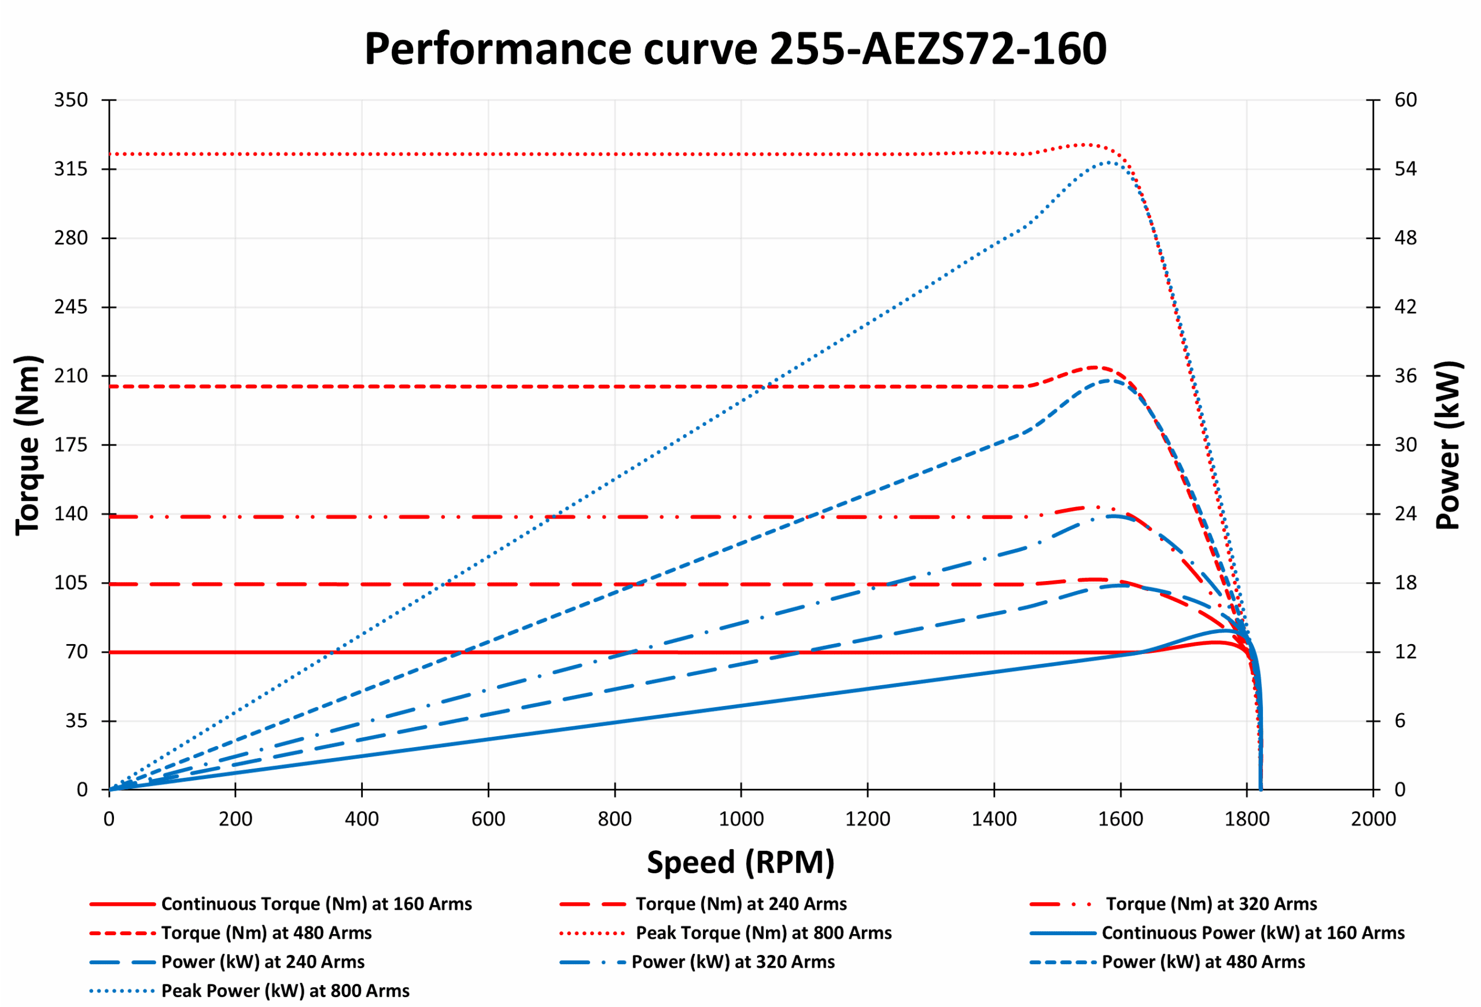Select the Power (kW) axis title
coord(1447,445)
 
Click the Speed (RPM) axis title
coord(740,862)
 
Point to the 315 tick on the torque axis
coord(71,169)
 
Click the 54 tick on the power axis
coord(1405,169)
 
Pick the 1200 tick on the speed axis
coord(867,819)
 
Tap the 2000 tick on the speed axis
coord(1373,819)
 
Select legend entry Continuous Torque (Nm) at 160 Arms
coord(316,904)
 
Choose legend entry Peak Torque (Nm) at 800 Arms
coord(763,933)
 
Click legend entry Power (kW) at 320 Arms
coord(732,962)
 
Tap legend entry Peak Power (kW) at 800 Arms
coord(285,991)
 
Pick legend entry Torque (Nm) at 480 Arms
coord(266,933)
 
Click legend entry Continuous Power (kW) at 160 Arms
coord(1252,933)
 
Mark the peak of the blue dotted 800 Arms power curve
coord(1109,163)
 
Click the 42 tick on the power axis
coord(1405,307)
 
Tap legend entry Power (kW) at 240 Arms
coord(263,962)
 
